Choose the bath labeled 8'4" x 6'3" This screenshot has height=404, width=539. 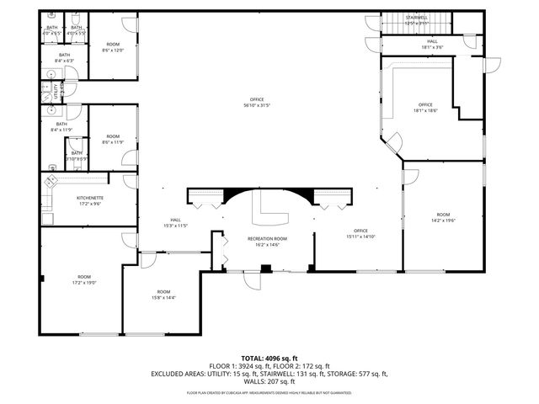64,57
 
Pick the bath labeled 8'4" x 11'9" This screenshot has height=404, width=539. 61,127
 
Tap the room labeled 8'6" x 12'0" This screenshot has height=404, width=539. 113,47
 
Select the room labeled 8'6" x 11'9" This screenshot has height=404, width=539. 113,139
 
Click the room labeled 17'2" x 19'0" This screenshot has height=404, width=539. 84,280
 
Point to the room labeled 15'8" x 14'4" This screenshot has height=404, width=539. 163,295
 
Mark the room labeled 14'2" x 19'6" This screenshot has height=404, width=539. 443,218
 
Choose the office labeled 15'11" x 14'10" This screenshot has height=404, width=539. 360,234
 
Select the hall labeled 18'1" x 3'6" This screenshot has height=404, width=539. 431,44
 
